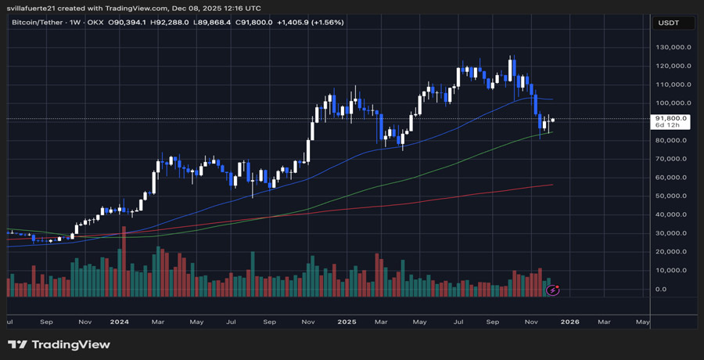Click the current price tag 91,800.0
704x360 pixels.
click(671, 118)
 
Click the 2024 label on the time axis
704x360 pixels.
click(120, 321)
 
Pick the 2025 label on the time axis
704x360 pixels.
click(345, 321)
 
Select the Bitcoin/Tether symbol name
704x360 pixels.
click(39, 22)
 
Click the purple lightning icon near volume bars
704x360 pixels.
click(553, 290)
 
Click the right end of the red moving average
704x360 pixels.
click(552, 185)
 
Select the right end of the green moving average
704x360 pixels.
click(552, 132)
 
